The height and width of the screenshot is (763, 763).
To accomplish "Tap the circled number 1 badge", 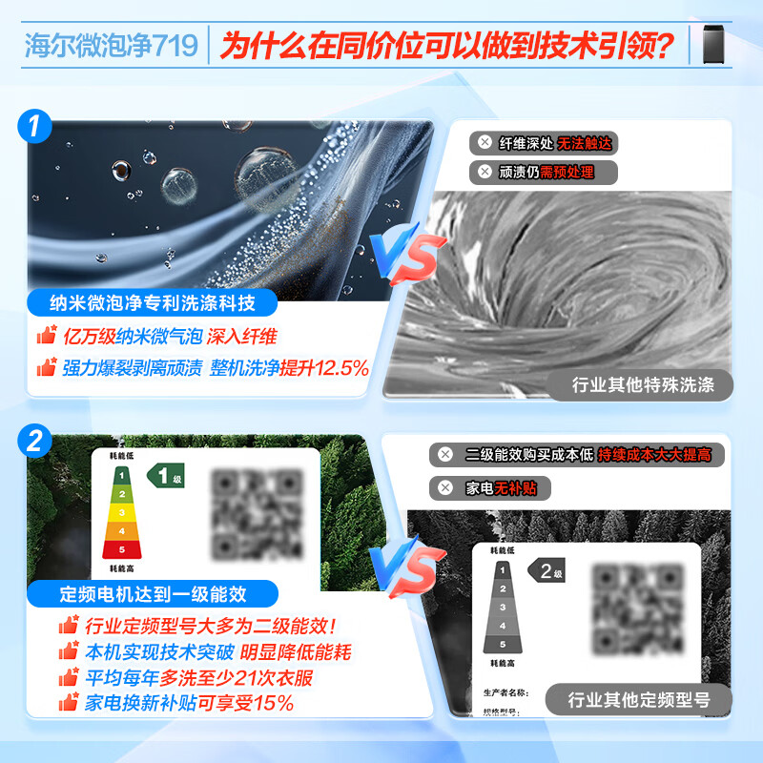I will click(x=34, y=127).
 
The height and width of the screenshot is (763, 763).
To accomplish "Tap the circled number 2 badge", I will click(x=34, y=441).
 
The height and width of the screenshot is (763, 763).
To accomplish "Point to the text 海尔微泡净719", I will click(x=111, y=45).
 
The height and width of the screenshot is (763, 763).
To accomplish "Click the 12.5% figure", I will click(x=339, y=367).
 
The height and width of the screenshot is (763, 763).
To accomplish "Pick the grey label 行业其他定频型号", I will click(x=639, y=698).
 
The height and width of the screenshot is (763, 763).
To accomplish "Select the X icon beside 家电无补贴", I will click(x=445, y=488).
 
